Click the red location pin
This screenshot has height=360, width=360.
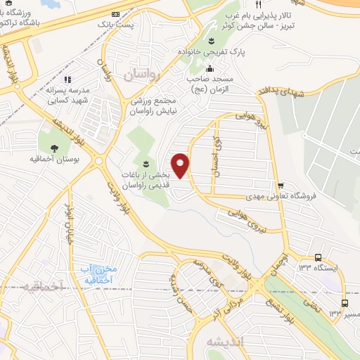[181, 165]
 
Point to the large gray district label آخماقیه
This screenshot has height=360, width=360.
[42, 286]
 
